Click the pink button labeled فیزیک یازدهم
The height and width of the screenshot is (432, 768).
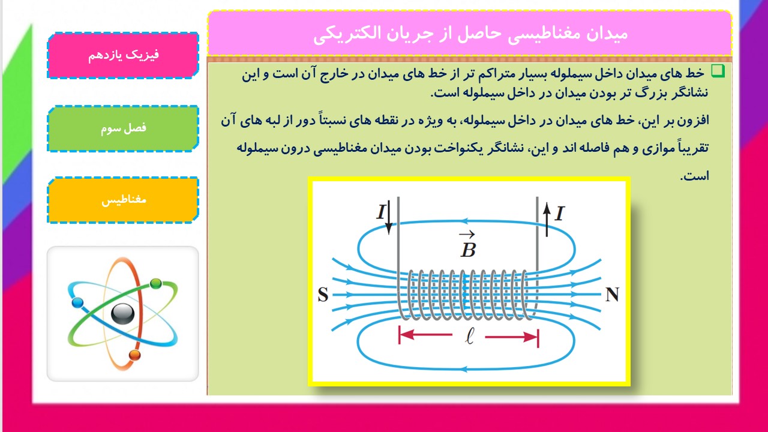tap(123, 56)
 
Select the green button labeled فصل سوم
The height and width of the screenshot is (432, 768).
tap(123, 128)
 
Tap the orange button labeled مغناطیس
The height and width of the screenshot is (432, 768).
tap(123, 200)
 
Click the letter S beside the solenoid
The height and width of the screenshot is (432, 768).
tap(323, 295)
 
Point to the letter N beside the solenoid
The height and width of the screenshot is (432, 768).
tap(613, 294)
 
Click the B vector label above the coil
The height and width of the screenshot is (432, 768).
tap(468, 245)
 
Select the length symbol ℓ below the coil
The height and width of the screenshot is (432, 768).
tap(469, 336)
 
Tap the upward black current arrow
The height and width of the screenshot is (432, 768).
tap(547, 220)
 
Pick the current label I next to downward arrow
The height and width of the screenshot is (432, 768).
tap(381, 212)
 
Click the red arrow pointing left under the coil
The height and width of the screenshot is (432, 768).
tap(425, 335)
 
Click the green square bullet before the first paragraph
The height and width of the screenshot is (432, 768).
tap(718, 71)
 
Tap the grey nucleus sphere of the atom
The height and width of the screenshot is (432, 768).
tap(123, 314)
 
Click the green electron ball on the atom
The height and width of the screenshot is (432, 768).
tap(156, 284)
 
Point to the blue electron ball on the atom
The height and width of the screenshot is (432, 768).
tap(77, 303)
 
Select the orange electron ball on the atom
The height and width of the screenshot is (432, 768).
tap(135, 355)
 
